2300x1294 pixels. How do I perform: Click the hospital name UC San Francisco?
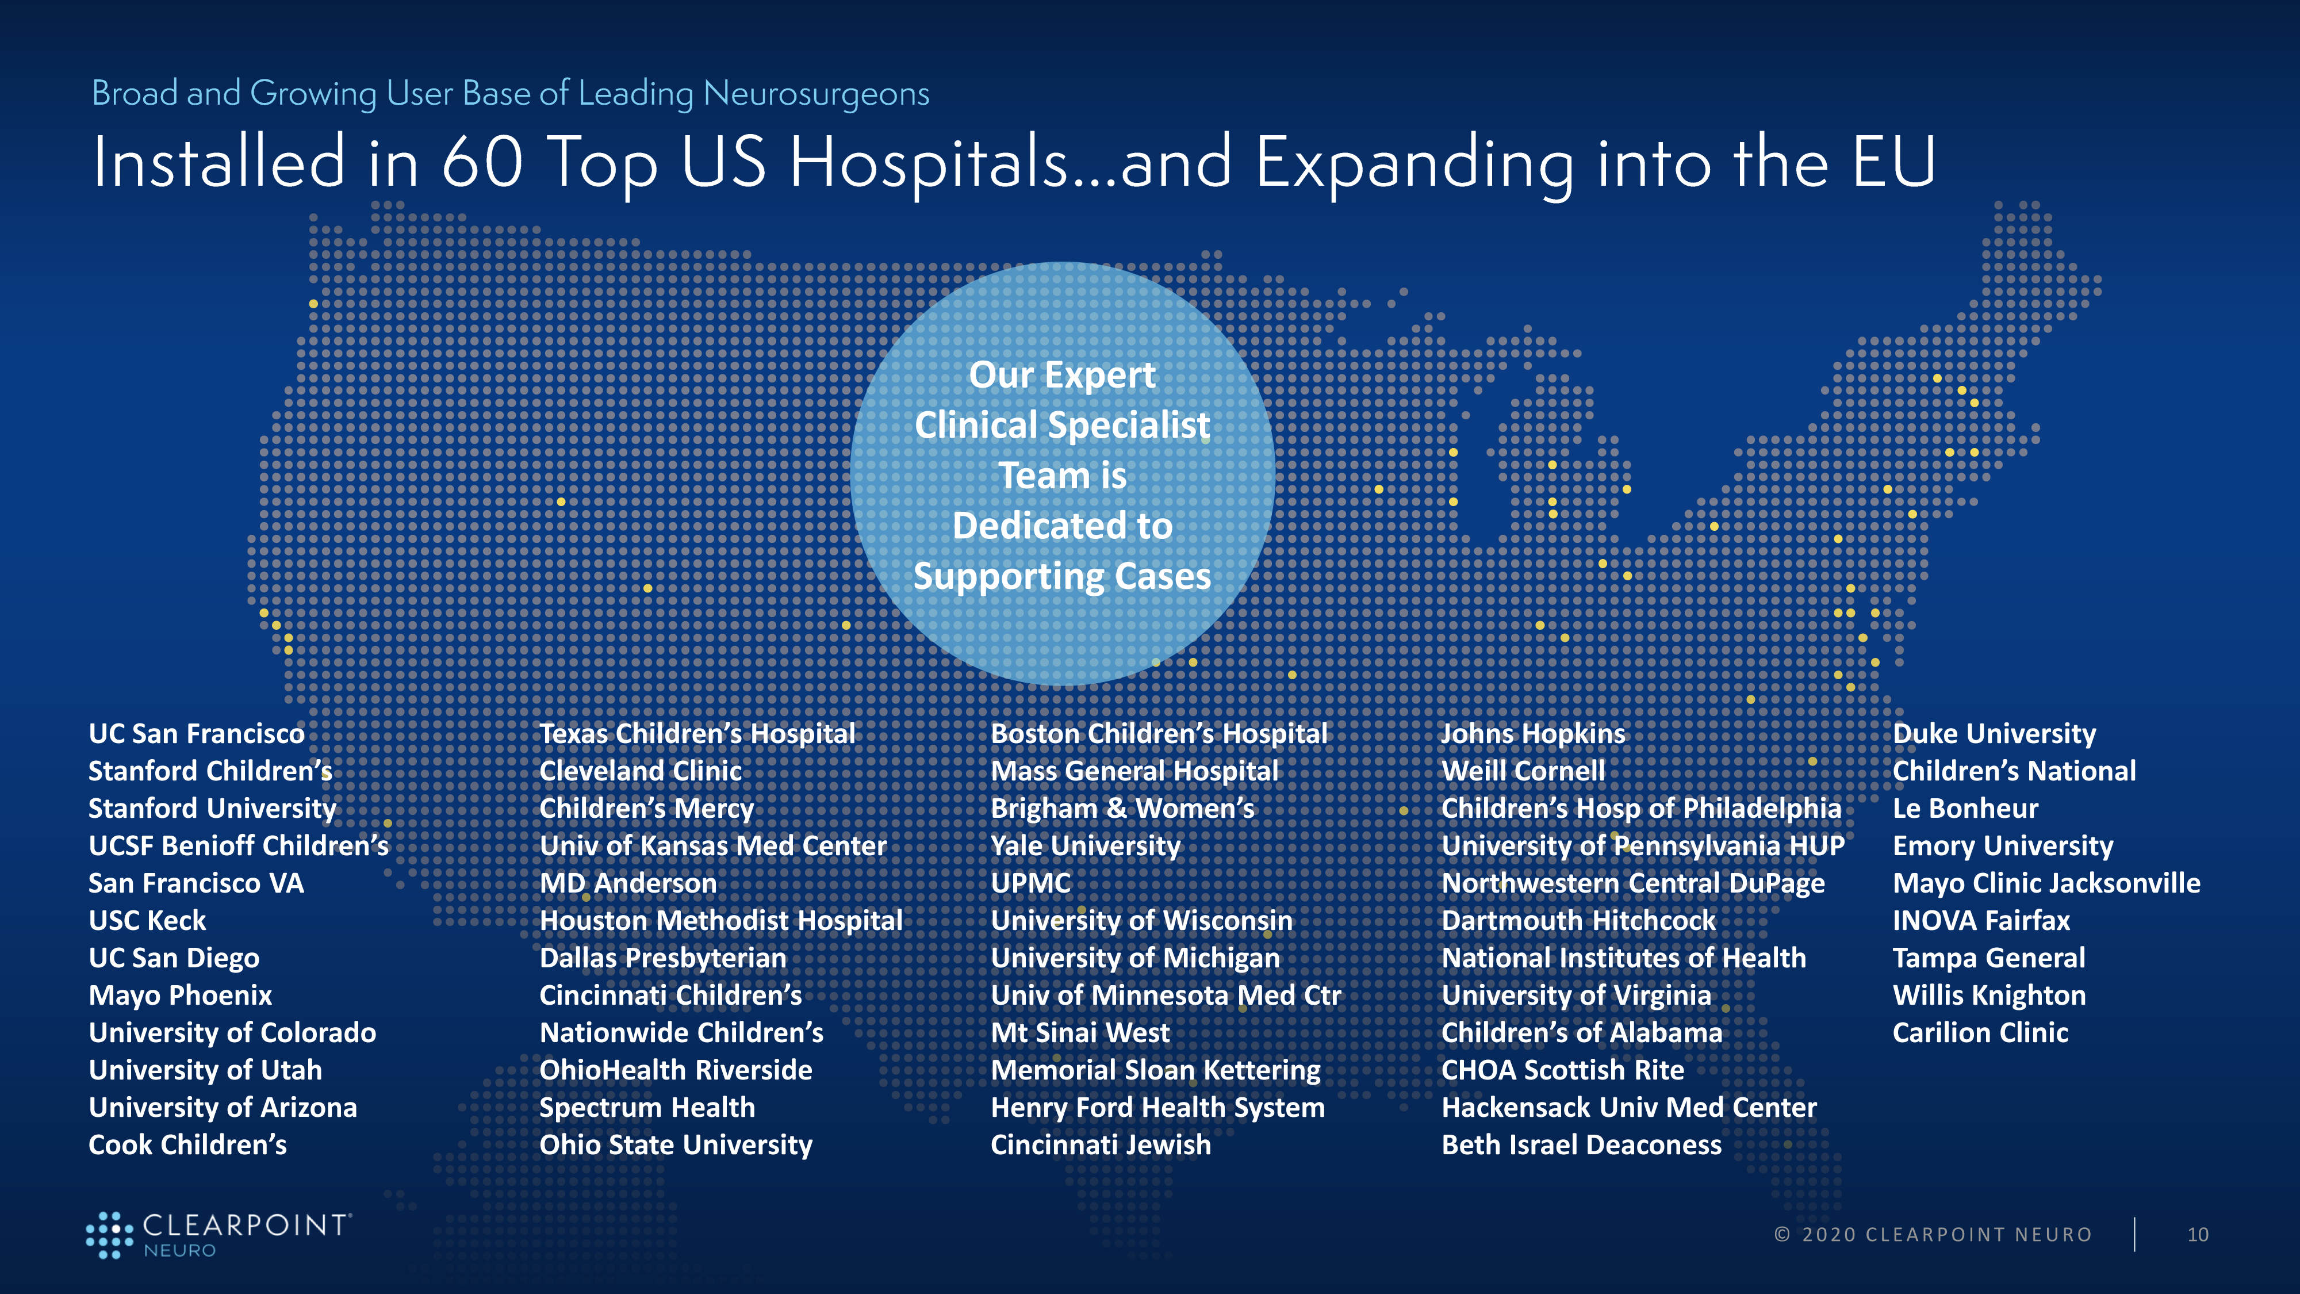(x=197, y=734)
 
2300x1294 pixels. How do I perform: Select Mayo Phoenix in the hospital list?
(x=181, y=996)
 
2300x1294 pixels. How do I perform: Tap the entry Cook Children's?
(x=187, y=1145)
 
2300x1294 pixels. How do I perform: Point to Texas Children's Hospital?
(x=697, y=734)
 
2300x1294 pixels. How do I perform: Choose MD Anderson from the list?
(x=628, y=883)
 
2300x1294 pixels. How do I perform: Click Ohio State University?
(x=676, y=1146)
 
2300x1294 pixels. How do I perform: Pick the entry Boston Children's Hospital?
(x=1159, y=734)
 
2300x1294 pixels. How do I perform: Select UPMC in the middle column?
(x=1030, y=883)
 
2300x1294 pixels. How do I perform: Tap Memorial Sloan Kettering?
(x=1155, y=1071)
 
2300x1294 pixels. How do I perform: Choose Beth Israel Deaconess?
(x=1581, y=1145)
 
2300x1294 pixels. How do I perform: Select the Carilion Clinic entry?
(x=1980, y=1033)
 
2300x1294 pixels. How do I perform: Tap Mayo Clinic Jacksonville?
(x=2046, y=884)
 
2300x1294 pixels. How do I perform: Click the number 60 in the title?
(x=482, y=163)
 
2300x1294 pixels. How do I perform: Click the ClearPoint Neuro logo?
(x=218, y=1235)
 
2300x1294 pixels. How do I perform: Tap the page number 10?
(x=2197, y=1235)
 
